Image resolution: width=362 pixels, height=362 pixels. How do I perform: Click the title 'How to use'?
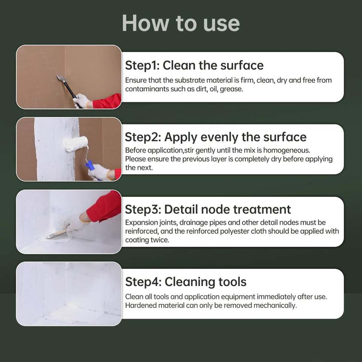(x=181, y=23)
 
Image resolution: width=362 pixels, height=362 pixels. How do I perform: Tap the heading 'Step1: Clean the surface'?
(x=194, y=65)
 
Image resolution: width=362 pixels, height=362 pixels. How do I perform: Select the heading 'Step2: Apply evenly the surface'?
(x=216, y=137)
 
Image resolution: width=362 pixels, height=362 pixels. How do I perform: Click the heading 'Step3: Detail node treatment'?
(x=208, y=209)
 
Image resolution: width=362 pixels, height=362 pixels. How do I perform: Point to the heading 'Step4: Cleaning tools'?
(x=186, y=282)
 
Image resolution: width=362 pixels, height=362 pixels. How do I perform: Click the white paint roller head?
(x=75, y=144)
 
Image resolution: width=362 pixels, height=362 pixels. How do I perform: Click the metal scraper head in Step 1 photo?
(x=61, y=78)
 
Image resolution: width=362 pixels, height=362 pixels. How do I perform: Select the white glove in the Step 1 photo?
(x=81, y=101)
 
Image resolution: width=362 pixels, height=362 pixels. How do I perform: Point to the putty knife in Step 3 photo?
(x=56, y=234)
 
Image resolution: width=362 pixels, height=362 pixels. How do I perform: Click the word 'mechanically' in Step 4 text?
(x=275, y=306)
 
